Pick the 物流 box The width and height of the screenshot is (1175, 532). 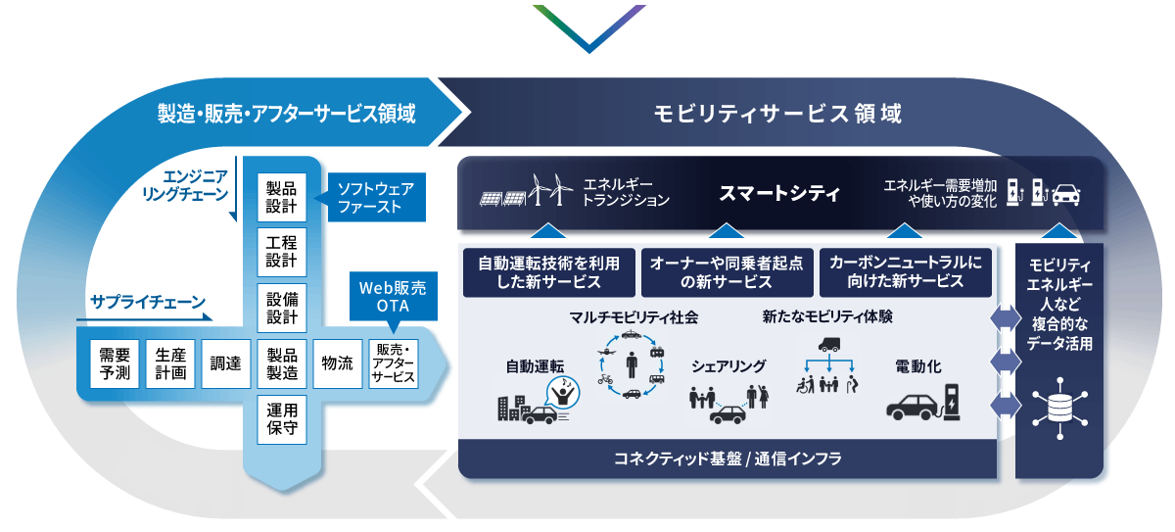point(337,363)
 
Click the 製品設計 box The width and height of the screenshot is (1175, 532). point(282,198)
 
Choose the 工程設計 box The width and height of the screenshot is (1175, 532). point(282,252)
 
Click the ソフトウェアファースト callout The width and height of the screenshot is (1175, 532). point(375,197)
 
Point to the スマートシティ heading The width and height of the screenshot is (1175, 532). point(779,193)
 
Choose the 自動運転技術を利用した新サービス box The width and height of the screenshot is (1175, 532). point(546,272)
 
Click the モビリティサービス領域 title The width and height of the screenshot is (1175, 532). point(778,114)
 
